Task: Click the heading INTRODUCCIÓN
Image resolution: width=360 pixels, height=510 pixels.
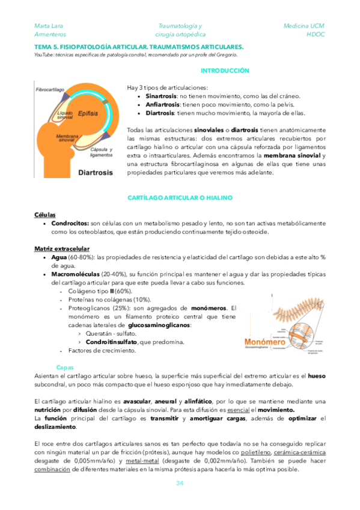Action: pyautogui.click(x=224, y=71)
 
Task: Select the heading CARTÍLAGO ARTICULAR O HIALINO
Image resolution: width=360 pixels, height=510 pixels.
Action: pyautogui.click(x=180, y=198)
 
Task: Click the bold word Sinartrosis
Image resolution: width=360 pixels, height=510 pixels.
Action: pyautogui.click(x=161, y=96)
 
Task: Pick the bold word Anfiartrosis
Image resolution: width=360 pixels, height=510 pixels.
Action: pyautogui.click(x=162, y=105)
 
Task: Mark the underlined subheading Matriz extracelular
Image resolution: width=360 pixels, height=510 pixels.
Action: pyautogui.click(x=62, y=248)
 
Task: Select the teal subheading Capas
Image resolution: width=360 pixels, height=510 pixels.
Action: pyautogui.click(x=64, y=367)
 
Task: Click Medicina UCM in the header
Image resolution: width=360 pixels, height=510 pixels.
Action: pyautogui.click(x=304, y=26)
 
